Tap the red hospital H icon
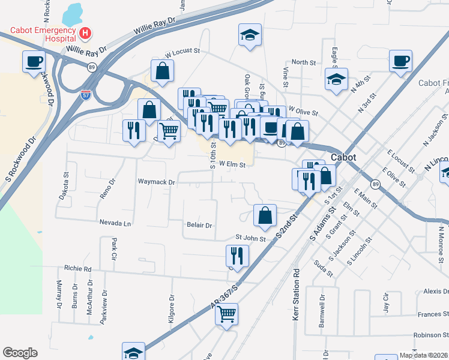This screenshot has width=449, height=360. click(85, 32)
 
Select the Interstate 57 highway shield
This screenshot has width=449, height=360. click(86, 94)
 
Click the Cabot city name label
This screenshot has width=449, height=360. click(343, 157)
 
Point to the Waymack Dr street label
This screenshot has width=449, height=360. click(156, 182)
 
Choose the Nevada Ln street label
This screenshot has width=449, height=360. click(115, 223)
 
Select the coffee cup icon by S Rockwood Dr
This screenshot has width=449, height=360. click(34, 61)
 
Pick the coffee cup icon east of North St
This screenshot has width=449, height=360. click(400, 61)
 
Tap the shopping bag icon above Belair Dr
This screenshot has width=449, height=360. click(265, 215)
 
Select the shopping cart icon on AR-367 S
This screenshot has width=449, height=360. click(227, 313)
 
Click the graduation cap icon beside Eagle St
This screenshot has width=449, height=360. click(337, 79)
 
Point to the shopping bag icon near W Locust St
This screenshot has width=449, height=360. click(163, 70)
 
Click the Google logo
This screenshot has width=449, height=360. click(20, 353)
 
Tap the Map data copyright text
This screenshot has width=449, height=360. click(424, 355)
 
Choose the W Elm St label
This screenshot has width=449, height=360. click(233, 163)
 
